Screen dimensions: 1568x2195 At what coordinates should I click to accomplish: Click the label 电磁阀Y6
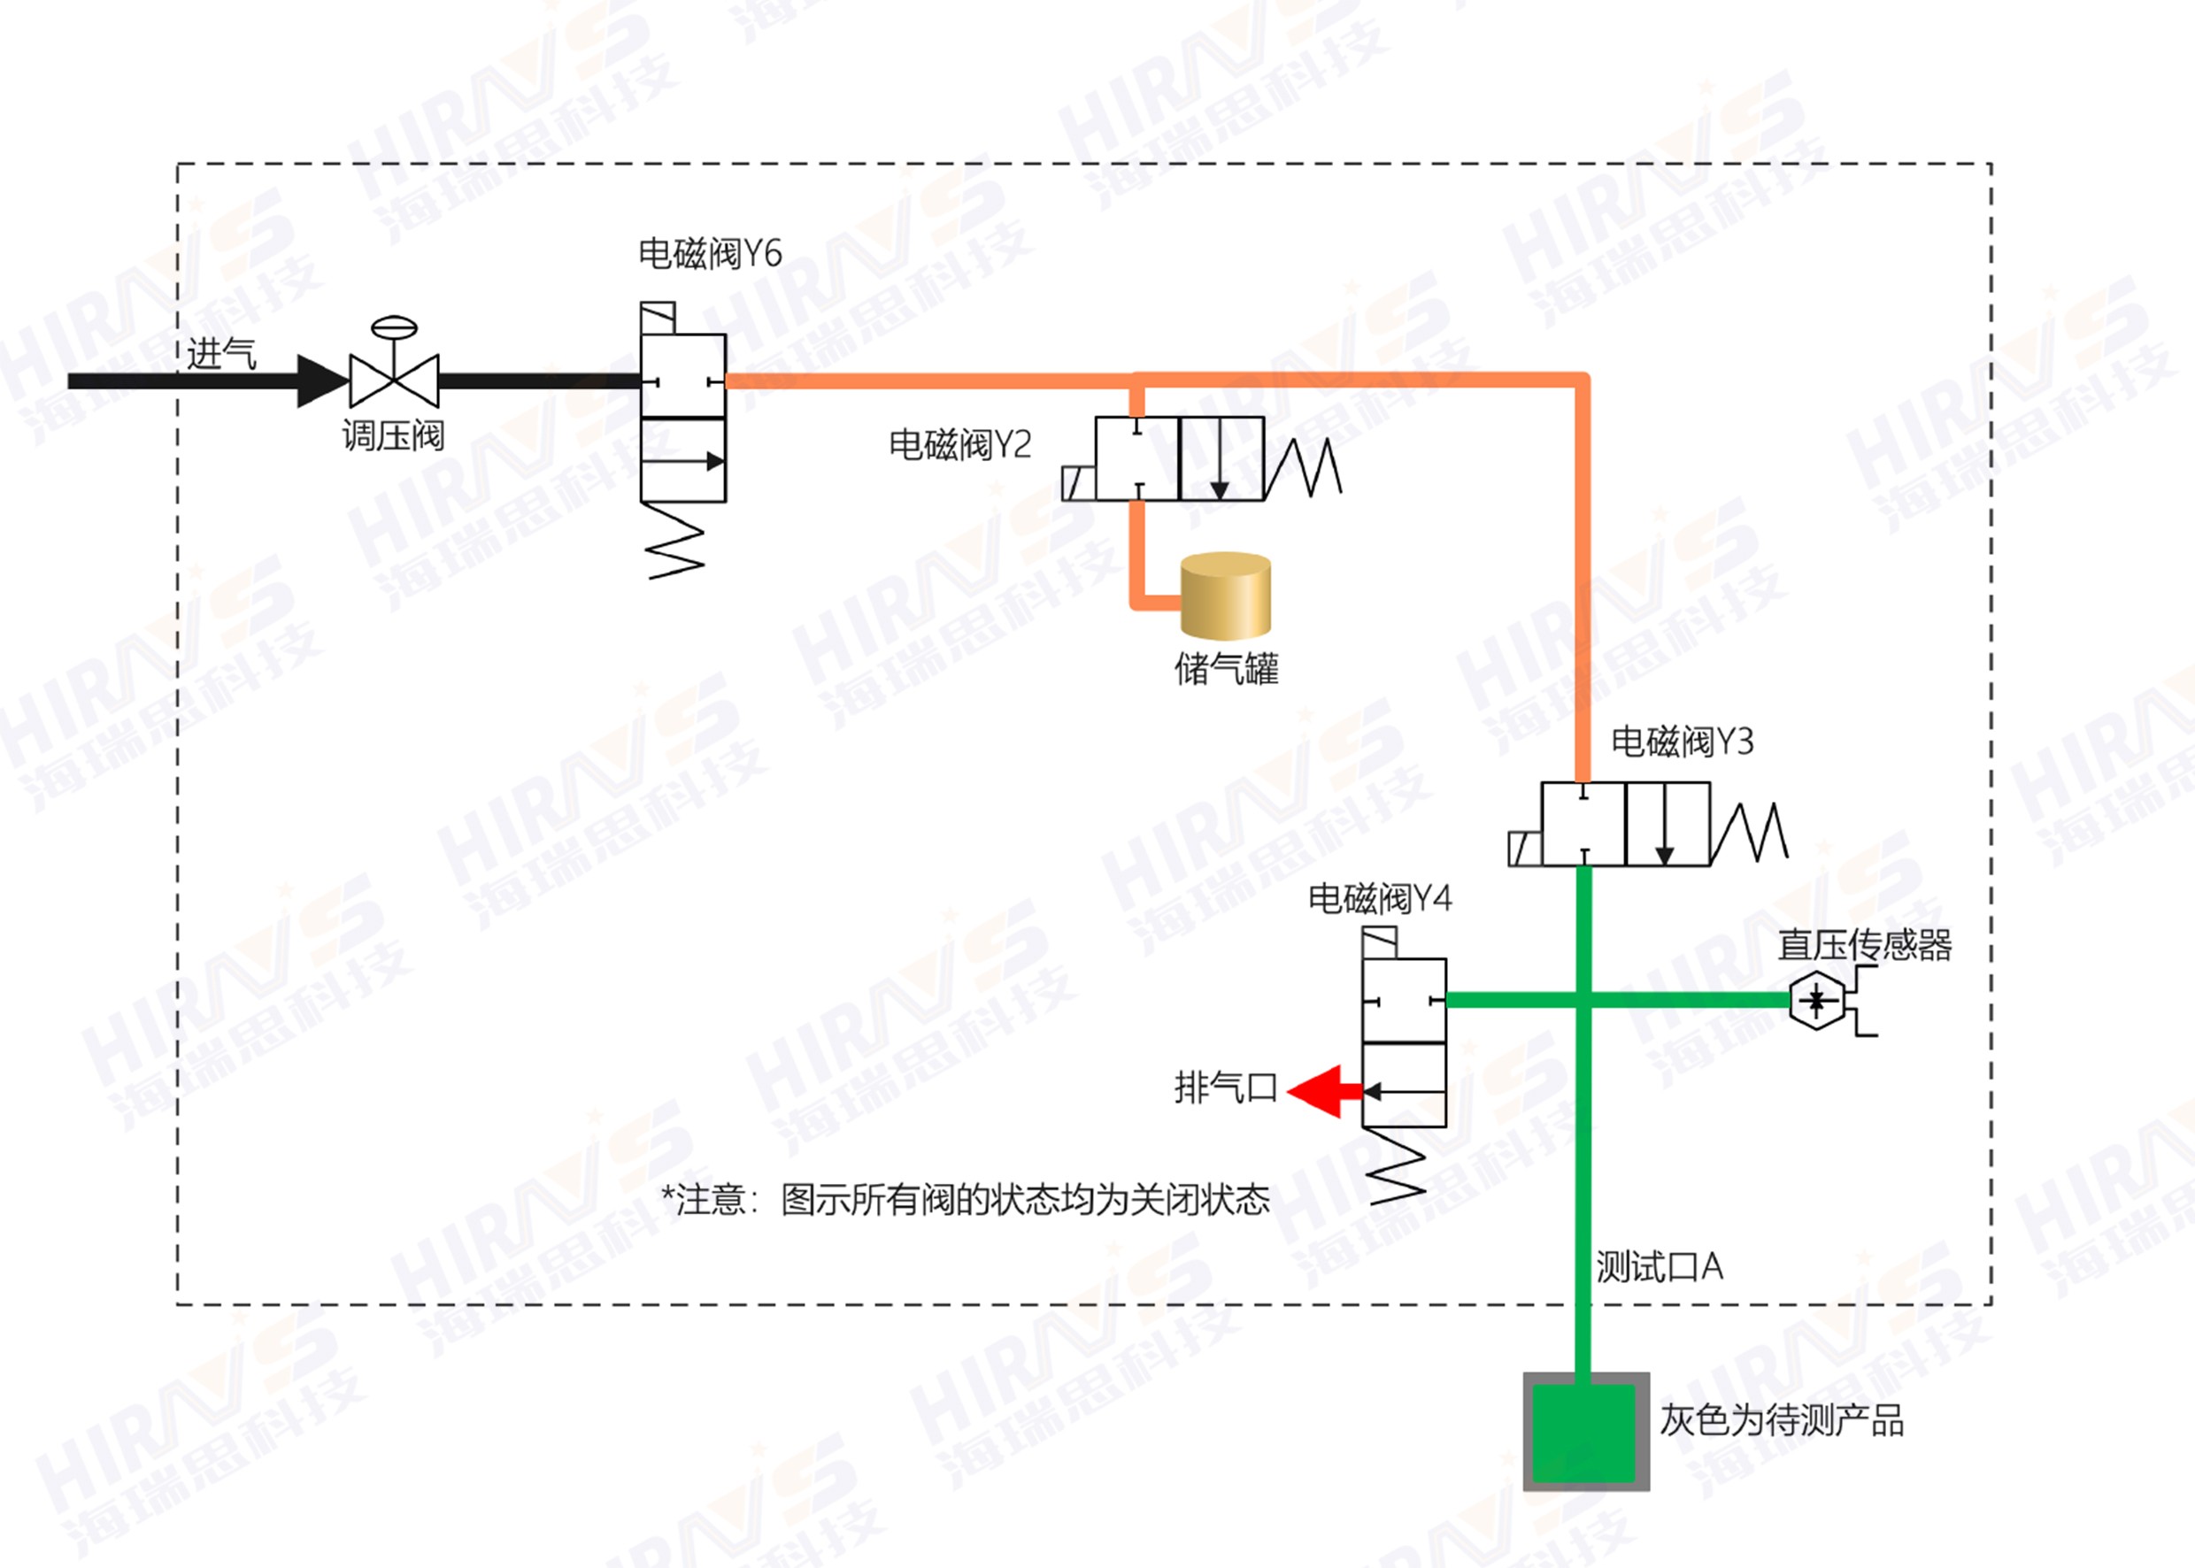710,254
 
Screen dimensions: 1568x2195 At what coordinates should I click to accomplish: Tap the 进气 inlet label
221,354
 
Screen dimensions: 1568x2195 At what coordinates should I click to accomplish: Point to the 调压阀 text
393,436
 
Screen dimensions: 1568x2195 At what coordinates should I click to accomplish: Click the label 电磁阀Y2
960,445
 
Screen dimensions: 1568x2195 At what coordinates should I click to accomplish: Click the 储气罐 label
1227,669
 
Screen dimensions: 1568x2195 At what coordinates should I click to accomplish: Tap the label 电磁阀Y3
1682,742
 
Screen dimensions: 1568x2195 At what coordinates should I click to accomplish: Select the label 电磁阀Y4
1379,899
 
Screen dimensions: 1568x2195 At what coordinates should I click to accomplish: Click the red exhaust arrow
1321,1092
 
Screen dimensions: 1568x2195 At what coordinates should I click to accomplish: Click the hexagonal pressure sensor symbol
1816,1000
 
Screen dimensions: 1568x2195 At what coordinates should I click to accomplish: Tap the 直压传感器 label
1865,945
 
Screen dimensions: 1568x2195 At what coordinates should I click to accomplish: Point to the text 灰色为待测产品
1782,1421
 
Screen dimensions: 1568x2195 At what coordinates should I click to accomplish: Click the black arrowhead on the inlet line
320,381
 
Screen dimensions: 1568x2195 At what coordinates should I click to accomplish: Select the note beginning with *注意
965,1200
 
